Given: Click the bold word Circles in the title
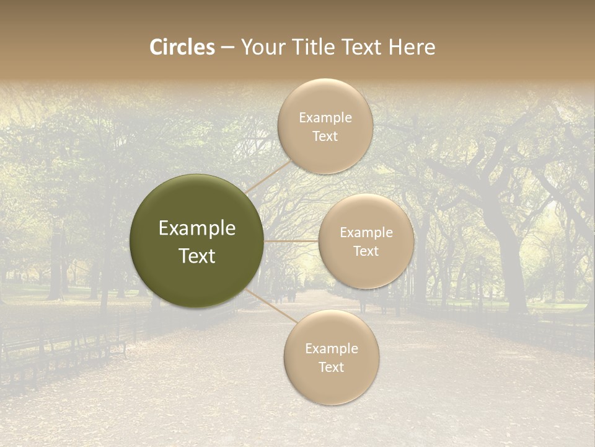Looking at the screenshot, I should click(x=182, y=47).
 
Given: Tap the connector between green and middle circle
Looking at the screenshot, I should click(x=291, y=241).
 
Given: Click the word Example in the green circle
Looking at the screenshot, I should click(x=197, y=228).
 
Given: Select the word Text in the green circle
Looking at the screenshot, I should click(x=197, y=256).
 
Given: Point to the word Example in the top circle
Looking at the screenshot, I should click(x=325, y=118).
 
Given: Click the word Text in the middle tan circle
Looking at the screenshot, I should click(x=366, y=251).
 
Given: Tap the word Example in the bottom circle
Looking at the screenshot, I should click(x=332, y=349).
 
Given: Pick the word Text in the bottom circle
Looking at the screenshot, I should click(x=332, y=368).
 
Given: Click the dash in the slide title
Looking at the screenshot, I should click(x=227, y=47).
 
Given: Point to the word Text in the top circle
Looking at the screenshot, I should click(x=325, y=137).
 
